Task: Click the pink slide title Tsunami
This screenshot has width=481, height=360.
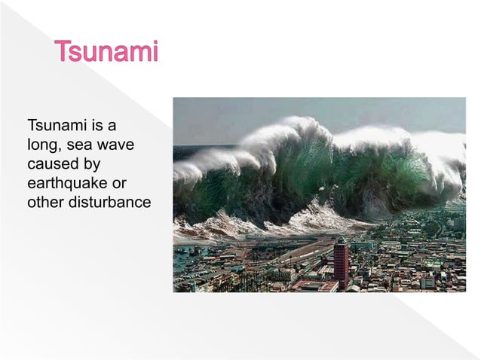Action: coord(106,53)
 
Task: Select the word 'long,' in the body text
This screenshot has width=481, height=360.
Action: coord(42,144)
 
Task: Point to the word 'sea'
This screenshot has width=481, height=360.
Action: coord(78,144)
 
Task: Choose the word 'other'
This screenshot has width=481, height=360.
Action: coord(45,203)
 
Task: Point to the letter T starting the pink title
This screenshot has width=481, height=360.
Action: coord(63,53)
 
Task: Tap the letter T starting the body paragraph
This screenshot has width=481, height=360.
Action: coord(31,124)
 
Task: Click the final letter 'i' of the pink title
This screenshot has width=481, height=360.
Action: coord(155,53)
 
